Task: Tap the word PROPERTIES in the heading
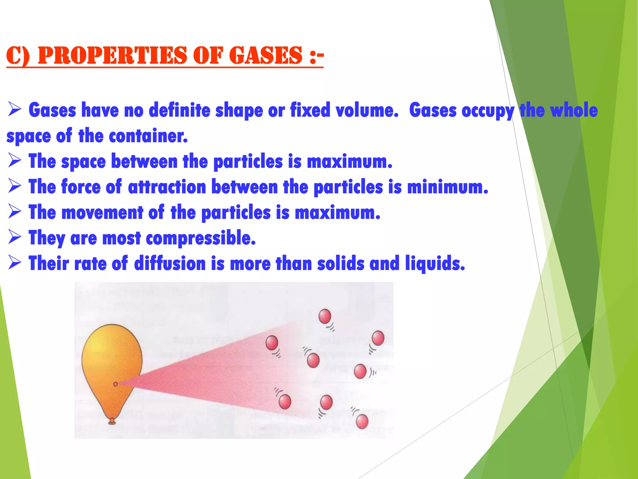click(112, 55)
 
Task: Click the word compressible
click(201, 238)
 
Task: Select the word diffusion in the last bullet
click(170, 264)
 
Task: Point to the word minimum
click(447, 187)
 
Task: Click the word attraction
click(167, 187)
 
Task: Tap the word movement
click(102, 213)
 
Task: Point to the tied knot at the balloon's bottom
click(112, 422)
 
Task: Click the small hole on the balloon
click(116, 384)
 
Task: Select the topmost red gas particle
click(325, 317)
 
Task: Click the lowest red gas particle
click(362, 422)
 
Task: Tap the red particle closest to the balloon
click(272, 343)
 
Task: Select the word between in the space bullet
click(144, 162)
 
